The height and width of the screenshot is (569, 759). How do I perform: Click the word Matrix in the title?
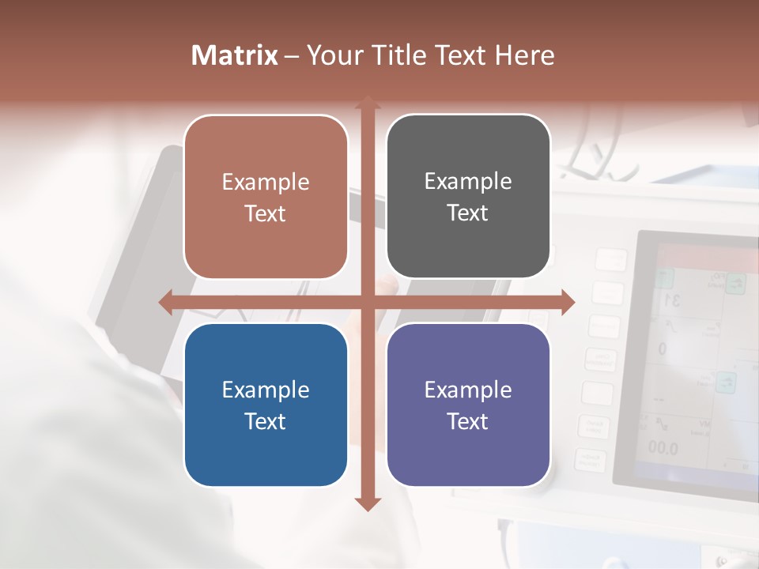[235, 55]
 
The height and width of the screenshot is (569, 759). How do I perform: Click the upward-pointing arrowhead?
[368, 103]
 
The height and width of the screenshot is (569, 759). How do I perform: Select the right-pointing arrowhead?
[567, 302]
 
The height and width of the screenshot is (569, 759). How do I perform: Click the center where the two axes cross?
[368, 302]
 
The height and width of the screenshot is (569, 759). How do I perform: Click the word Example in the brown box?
[266, 183]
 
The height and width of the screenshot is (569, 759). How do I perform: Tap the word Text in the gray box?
[468, 213]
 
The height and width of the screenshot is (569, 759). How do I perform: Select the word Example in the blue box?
[266, 390]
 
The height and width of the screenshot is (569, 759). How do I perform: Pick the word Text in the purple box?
[468, 421]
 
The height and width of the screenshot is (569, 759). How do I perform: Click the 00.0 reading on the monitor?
[663, 449]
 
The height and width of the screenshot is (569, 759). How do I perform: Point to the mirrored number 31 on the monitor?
[673, 300]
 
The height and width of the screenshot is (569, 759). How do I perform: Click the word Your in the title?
[334, 55]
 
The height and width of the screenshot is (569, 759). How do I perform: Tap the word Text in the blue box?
[266, 421]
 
